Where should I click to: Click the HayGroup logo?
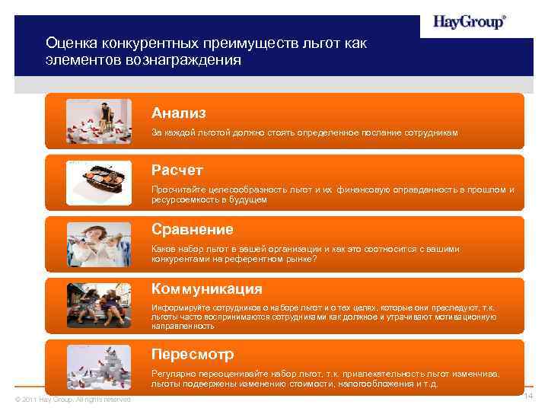[470, 23]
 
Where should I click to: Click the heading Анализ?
[179, 113]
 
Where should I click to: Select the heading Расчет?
[177, 170]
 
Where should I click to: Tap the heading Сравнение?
[193, 229]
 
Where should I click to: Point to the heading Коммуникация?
[207, 289]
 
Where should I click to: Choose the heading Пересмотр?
[193, 355]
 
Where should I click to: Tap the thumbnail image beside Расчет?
[89, 182]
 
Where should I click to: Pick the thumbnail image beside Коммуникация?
[89, 304]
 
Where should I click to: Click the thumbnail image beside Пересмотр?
[89, 368]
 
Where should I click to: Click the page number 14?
[527, 398]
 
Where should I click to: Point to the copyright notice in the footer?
[73, 400]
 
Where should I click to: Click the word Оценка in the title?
[68, 44]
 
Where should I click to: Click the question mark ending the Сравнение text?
[315, 259]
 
